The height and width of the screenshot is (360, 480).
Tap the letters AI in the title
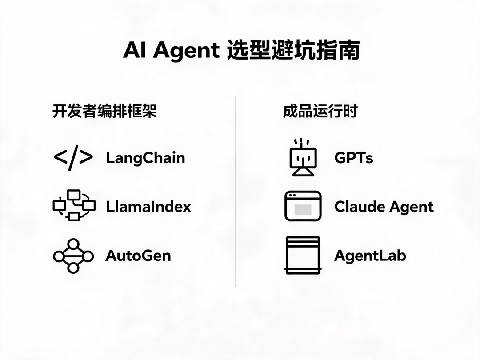click(x=134, y=50)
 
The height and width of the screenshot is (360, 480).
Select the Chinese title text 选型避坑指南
click(x=293, y=50)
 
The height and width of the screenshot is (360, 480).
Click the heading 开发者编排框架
click(x=105, y=111)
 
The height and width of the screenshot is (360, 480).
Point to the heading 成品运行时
click(x=320, y=111)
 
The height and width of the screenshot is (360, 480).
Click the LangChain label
click(x=145, y=158)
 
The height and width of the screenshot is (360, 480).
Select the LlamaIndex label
click(x=148, y=207)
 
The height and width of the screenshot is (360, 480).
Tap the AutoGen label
click(x=138, y=256)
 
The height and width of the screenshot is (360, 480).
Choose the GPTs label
click(x=354, y=158)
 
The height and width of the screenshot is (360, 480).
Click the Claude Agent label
click(x=384, y=207)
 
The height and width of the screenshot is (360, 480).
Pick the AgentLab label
click(x=370, y=256)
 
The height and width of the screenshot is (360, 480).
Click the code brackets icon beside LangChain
click(x=73, y=158)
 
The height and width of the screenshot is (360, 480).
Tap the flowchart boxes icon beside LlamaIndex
click(x=74, y=205)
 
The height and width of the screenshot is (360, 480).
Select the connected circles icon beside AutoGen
click(x=73, y=256)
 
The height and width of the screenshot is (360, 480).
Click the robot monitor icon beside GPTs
click(x=303, y=157)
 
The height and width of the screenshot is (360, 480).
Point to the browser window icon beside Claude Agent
click(x=303, y=206)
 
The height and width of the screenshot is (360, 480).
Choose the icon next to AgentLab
click(x=303, y=255)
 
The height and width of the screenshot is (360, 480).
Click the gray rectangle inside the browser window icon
click(x=303, y=210)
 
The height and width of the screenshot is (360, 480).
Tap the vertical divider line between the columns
click(x=236, y=192)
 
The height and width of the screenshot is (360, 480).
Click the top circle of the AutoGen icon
click(x=73, y=244)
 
